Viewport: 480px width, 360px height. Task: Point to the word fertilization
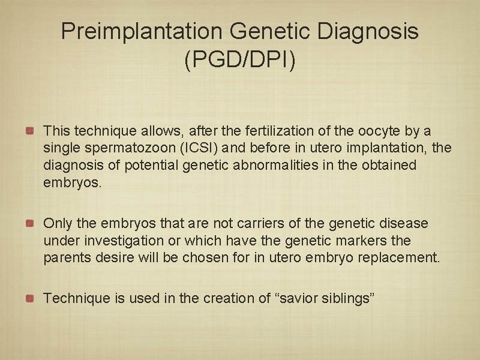239,131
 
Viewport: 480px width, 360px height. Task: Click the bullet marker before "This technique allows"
29,130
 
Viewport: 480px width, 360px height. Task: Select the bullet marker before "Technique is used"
29,298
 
